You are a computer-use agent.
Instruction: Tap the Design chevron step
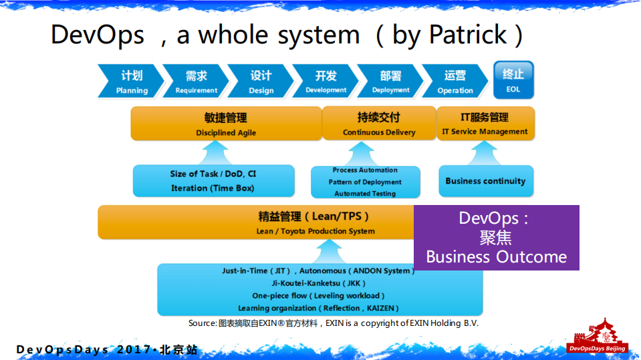point(261,82)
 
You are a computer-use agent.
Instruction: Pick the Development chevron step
point(326,82)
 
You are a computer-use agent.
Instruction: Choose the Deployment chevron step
point(390,82)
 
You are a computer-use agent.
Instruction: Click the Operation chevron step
point(455,82)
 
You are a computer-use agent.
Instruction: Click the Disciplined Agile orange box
point(225,124)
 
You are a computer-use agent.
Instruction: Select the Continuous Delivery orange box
point(378,124)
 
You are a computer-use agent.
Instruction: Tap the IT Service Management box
point(485,124)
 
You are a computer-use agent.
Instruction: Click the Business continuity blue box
point(485,181)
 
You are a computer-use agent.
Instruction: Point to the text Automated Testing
point(365,194)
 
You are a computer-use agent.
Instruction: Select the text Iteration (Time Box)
point(213,188)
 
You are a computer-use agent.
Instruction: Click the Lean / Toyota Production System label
point(315,231)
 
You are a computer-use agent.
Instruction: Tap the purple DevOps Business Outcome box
point(496,238)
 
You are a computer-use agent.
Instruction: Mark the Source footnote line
point(333,323)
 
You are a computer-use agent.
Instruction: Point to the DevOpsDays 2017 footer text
point(107,350)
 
